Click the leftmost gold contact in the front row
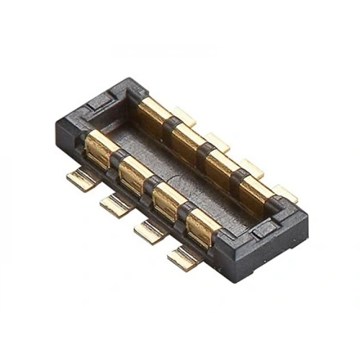[x=101, y=149]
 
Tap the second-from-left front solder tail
[x=116, y=205]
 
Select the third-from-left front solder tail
[x=150, y=230]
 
